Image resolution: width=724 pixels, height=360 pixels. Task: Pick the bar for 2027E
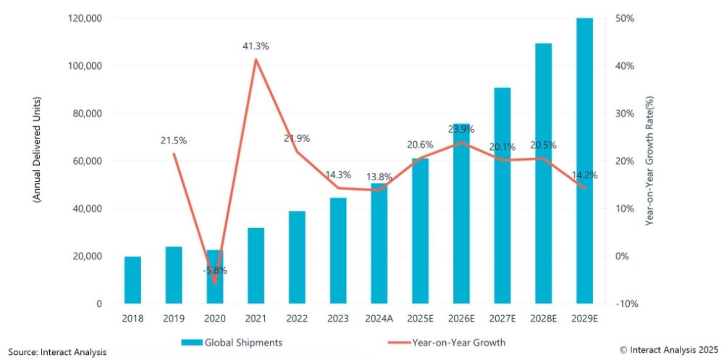[502, 196]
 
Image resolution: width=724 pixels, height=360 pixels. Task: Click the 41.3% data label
[256, 46]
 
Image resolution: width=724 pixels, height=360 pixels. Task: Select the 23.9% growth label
[464, 130]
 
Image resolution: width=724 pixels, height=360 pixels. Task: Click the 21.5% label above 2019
[174, 140]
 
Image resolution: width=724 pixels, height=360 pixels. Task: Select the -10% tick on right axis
[623, 304]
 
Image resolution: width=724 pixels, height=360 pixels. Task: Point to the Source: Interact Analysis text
[54, 352]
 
